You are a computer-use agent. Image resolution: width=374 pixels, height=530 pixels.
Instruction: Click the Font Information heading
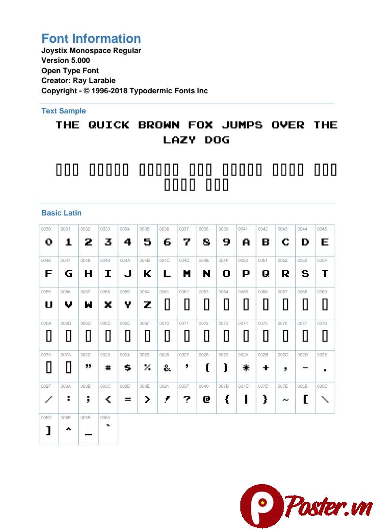91,38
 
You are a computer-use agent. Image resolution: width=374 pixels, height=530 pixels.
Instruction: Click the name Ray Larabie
95,80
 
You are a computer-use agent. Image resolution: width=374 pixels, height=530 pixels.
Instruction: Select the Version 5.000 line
66,60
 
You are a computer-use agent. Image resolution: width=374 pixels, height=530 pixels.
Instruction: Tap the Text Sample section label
64,111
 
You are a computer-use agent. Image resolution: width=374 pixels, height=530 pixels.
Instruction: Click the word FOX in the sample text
201,125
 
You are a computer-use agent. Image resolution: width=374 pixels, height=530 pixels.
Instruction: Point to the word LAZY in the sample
179,140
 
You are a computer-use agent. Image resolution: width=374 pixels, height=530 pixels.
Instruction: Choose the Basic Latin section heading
61,213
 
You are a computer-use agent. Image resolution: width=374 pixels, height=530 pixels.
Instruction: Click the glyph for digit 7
187,242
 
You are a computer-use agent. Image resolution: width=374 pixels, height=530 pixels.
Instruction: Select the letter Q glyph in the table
266,273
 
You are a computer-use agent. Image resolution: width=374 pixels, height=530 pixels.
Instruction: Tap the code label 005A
145,292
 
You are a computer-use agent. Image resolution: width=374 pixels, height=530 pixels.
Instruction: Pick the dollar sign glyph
127,367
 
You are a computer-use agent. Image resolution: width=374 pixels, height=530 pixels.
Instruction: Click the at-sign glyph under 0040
206,399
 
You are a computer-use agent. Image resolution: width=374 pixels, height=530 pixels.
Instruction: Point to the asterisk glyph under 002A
246,367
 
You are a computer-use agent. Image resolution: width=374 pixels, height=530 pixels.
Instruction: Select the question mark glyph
187,399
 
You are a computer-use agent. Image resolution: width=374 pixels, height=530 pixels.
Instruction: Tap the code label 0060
105,418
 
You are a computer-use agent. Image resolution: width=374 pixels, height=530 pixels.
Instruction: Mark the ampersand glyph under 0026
167,367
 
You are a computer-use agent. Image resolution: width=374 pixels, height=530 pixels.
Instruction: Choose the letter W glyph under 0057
88,305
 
